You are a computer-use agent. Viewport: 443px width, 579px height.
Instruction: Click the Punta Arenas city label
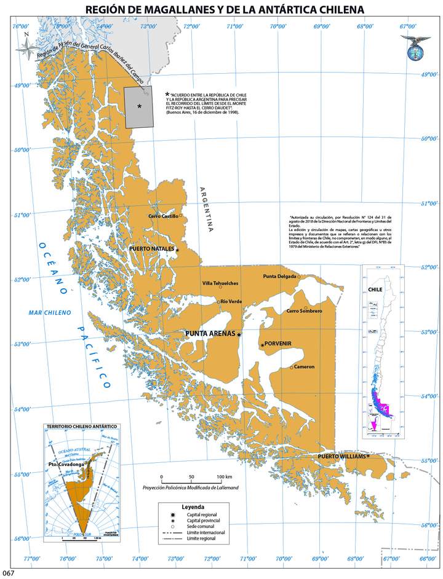click(210, 334)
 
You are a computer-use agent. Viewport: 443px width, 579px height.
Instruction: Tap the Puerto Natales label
click(151, 248)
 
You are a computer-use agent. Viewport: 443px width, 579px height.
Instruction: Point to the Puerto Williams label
click(341, 457)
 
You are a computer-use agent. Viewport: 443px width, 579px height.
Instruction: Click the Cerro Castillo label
click(163, 216)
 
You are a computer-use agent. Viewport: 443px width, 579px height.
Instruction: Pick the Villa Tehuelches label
click(220, 283)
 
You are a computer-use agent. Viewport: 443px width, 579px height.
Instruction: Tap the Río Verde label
click(231, 301)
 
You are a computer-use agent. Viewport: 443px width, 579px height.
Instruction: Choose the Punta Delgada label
click(280, 277)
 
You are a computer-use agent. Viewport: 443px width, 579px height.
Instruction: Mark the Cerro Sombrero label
click(304, 312)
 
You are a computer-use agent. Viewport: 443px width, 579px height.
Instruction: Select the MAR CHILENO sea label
click(50, 313)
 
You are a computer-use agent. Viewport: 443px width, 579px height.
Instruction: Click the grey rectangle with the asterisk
click(139, 107)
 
